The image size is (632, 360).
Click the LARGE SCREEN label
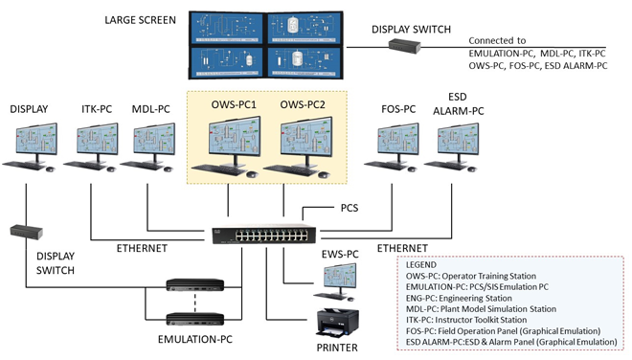click(x=140, y=20)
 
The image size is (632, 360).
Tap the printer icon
click(x=337, y=324)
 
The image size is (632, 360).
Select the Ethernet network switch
click(x=264, y=235)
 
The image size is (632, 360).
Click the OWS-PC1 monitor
click(x=235, y=136)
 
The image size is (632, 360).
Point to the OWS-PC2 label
click(x=303, y=104)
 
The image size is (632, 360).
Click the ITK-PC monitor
click(x=97, y=140)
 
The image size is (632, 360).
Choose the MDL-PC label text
click(x=150, y=109)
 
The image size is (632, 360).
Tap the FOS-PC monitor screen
click(x=398, y=139)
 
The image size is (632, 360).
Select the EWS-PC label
click(x=340, y=255)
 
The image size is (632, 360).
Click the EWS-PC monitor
click(x=340, y=276)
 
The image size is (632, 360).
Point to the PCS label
click(x=350, y=208)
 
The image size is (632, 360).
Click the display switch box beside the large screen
click(x=405, y=46)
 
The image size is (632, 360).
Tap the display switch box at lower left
click(x=27, y=232)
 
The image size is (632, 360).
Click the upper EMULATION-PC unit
click(x=195, y=285)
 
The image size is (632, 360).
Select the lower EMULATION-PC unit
click(x=195, y=319)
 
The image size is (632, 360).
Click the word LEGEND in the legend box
click(x=420, y=265)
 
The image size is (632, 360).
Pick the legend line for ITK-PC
click(x=466, y=320)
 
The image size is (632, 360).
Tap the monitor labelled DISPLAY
click(x=36, y=140)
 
